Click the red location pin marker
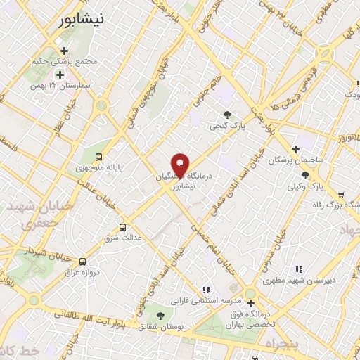pyautogui.click(x=181, y=165)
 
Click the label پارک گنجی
pyautogui.click(x=227, y=127)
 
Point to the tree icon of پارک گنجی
pyautogui.click(x=226, y=115)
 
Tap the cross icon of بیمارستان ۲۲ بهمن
pyautogui.click(x=60, y=75)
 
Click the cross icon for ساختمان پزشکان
pyautogui.click(x=295, y=149)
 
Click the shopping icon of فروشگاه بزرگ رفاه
pyautogui.click(x=341, y=195)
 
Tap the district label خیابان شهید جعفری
pyautogui.click(x=30, y=216)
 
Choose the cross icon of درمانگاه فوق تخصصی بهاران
pyautogui.click(x=250, y=303)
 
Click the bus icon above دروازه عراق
pyautogui.click(x=83, y=260)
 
